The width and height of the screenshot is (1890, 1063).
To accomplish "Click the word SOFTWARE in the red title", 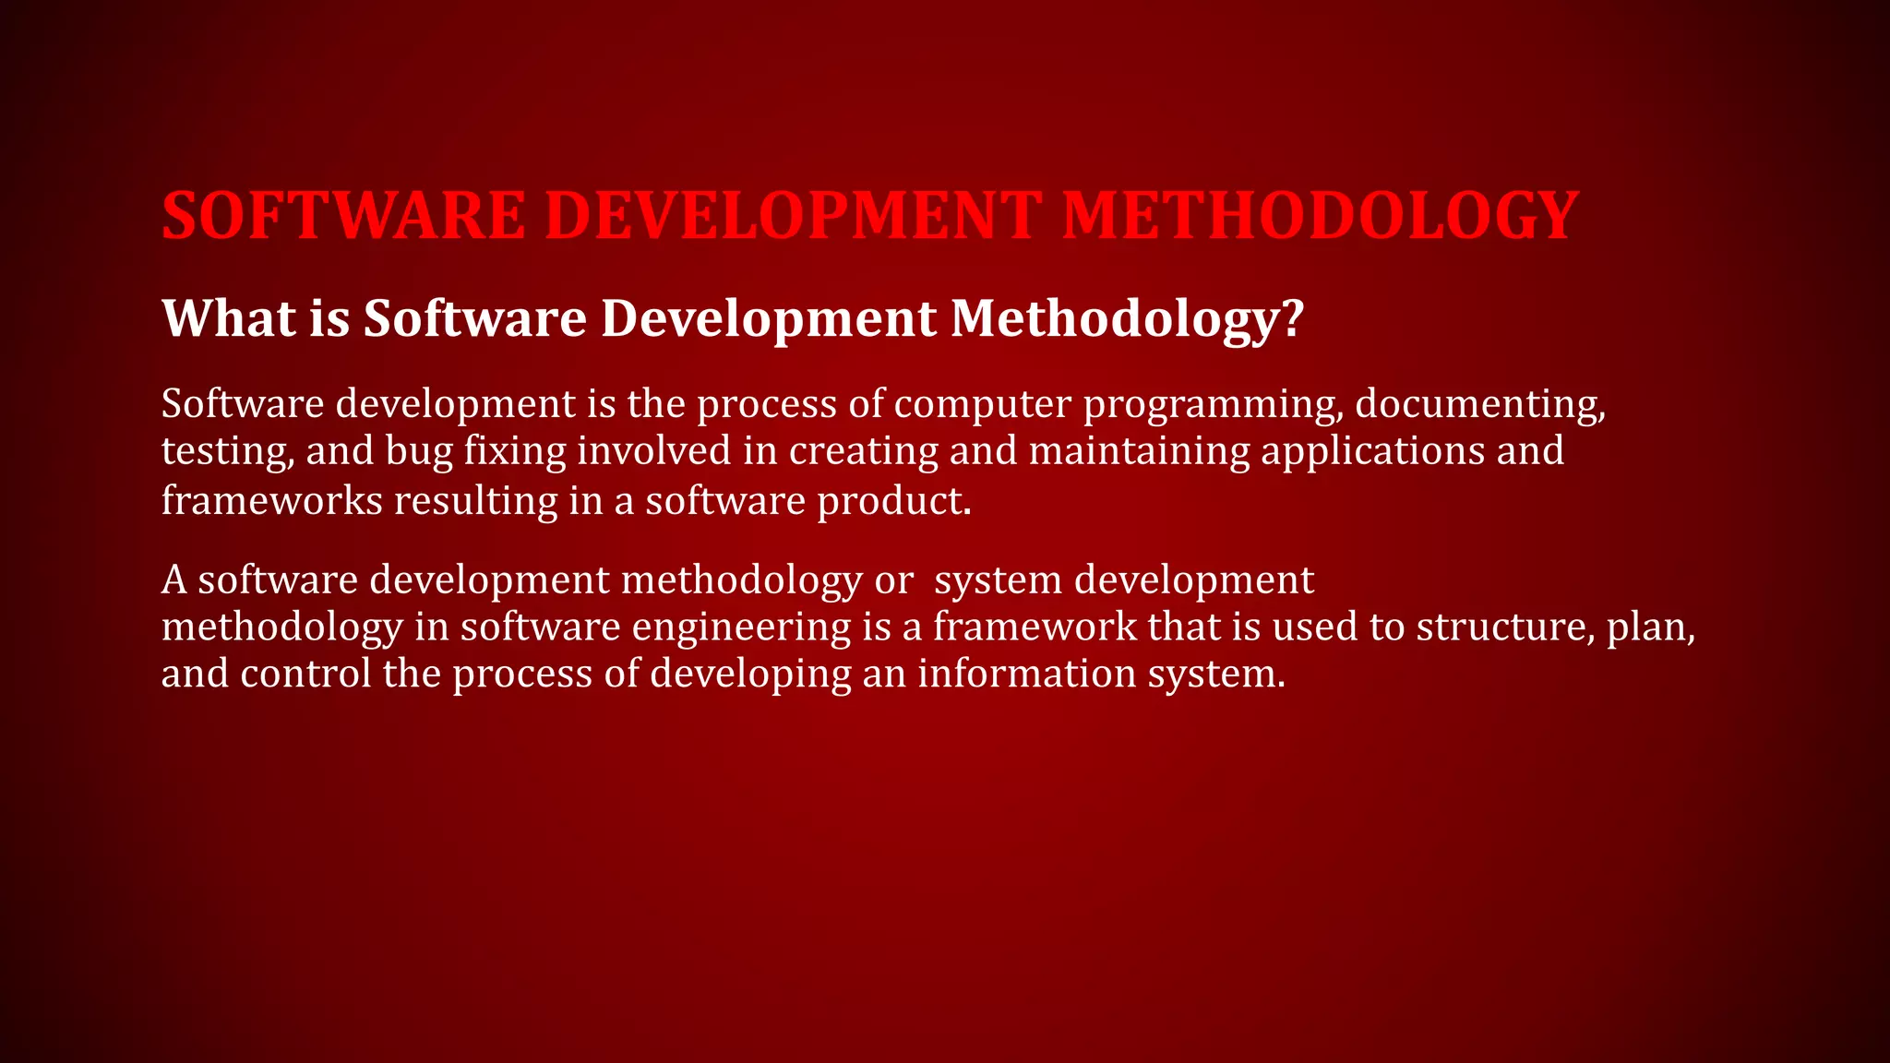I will tap(343, 216).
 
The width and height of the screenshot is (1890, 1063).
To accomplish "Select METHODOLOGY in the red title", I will tap(1321, 216).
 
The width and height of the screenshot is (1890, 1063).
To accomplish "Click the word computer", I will tap(983, 404).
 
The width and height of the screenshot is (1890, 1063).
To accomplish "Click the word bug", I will tap(420, 452).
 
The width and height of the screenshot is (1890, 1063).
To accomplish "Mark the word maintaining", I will tap(1139, 451).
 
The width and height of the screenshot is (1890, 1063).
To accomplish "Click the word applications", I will tap(1373, 452).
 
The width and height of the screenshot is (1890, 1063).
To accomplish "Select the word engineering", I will tap(741, 627).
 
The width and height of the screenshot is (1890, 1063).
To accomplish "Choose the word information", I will tap(1026, 673).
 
